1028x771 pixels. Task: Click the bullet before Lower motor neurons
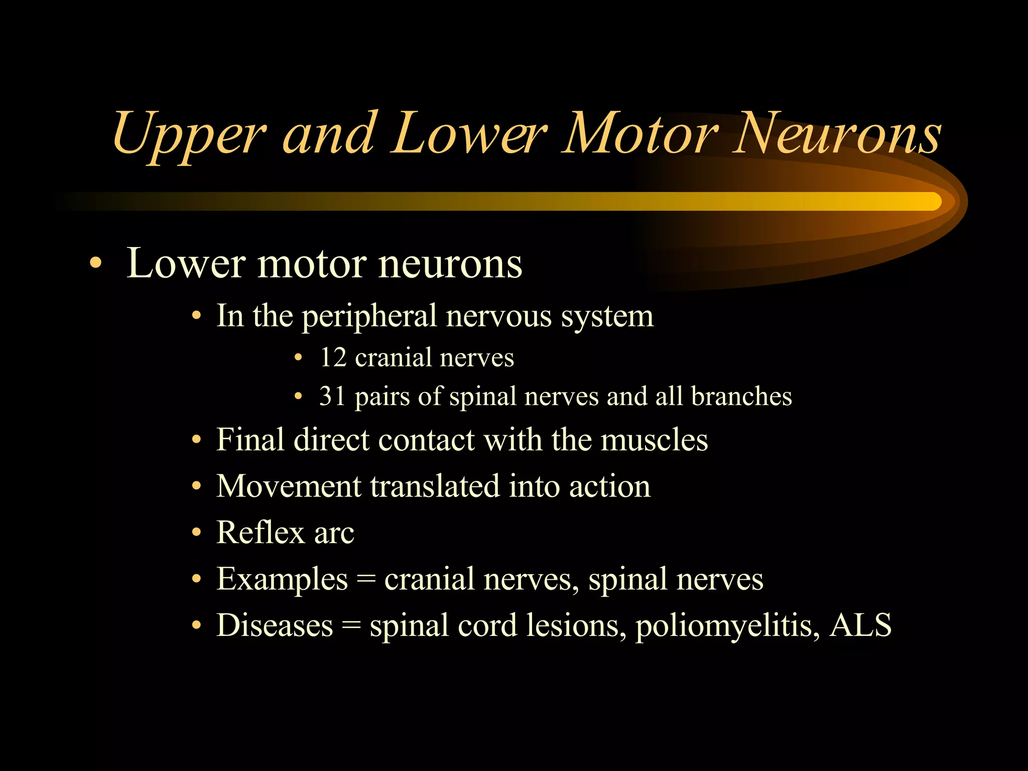click(95, 264)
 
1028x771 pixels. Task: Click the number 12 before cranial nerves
click(333, 357)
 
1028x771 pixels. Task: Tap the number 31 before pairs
click(333, 396)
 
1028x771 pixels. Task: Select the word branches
click(741, 396)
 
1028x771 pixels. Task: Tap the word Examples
click(282, 580)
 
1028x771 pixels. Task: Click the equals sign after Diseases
click(351, 626)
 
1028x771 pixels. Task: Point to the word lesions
click(573, 626)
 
